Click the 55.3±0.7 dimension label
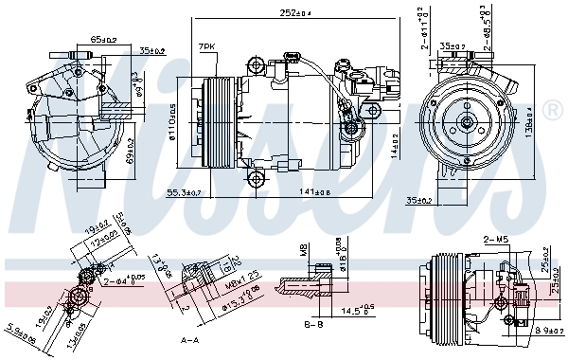(x=184, y=192)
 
